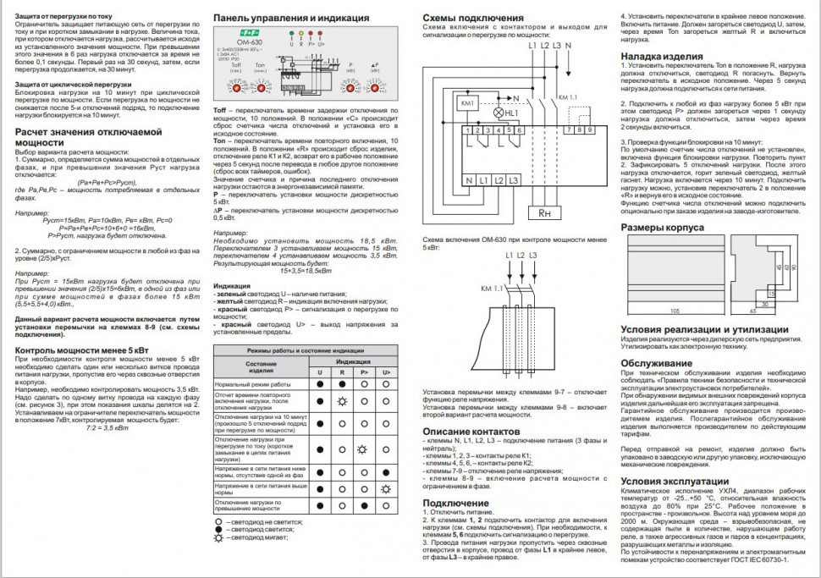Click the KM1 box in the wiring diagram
click(468, 102)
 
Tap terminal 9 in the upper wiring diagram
click(587, 129)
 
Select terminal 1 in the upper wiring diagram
click(468, 130)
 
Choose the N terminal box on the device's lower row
click(468, 180)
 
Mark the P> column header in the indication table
click(364, 372)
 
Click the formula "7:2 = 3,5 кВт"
click(107, 428)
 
